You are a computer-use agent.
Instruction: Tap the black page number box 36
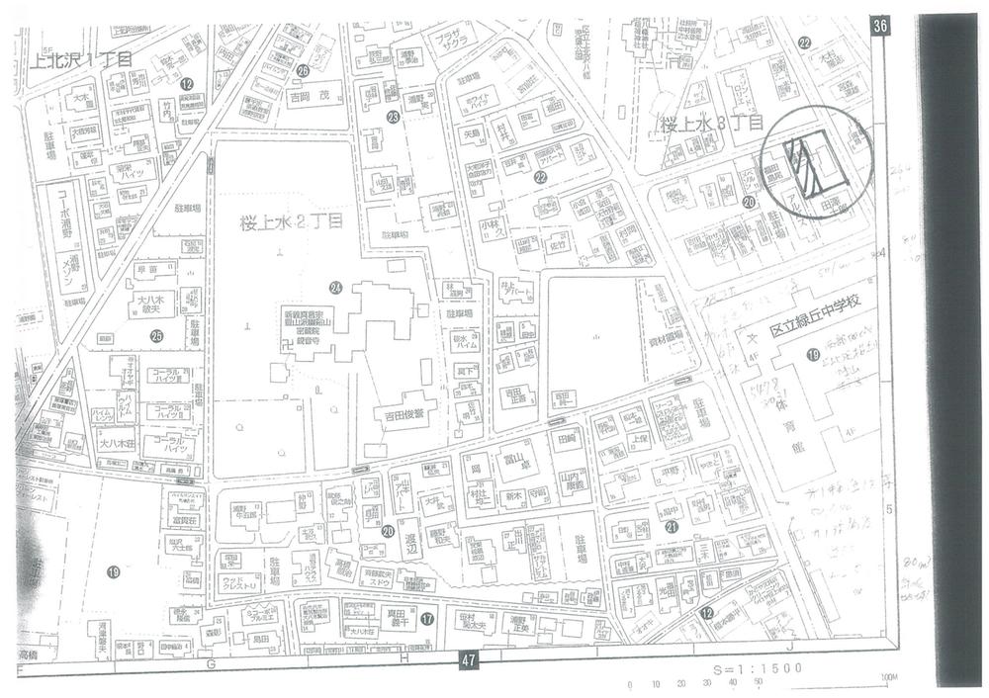[879, 27]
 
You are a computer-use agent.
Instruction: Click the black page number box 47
[469, 659]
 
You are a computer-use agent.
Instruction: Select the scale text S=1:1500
[757, 669]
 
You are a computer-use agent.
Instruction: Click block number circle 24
[336, 288]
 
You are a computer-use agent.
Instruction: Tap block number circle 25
[156, 335]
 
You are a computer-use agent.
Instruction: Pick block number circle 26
[303, 70]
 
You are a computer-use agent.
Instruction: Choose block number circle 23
[393, 118]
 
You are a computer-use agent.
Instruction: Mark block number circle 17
[426, 619]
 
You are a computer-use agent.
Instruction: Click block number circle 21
[672, 527]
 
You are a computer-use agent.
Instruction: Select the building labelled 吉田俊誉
[399, 413]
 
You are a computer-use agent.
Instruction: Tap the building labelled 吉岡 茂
[315, 98]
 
